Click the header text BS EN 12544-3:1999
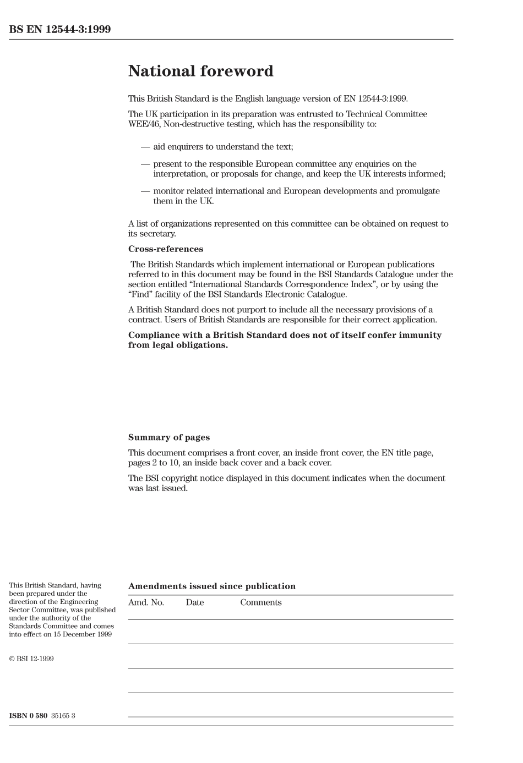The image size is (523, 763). [x=59, y=30]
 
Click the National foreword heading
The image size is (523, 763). [x=200, y=72]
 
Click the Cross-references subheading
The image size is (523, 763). [x=165, y=249]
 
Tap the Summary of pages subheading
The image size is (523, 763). [x=168, y=438]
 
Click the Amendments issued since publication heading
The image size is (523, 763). [x=211, y=586]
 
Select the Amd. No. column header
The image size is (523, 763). [x=146, y=602]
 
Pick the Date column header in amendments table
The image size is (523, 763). [x=194, y=602]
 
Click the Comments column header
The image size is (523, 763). [x=260, y=602]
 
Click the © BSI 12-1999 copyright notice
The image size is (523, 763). [x=31, y=659]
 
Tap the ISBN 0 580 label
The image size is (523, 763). [x=28, y=716]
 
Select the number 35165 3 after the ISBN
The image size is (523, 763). [x=63, y=716]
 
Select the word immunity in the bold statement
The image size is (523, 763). [x=420, y=335]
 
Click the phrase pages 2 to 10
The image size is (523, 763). [x=151, y=463]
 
